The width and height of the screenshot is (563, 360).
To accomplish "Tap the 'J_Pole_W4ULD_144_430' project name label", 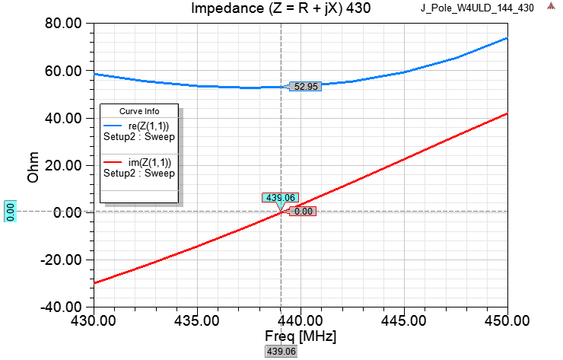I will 478,8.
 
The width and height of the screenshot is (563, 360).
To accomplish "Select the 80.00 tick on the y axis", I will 64,24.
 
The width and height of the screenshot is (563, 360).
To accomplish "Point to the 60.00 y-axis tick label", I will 64,71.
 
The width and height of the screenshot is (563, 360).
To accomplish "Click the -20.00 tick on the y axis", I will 62,260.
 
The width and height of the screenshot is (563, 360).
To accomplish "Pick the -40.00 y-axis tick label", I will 62,307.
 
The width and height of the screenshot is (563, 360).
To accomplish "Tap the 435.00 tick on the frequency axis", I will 197,320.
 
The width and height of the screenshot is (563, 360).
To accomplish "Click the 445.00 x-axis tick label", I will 404,320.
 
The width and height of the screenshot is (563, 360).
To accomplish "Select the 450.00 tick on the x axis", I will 507,320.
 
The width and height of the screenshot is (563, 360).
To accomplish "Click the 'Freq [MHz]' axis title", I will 300,336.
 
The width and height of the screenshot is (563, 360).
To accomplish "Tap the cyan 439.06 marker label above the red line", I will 279,198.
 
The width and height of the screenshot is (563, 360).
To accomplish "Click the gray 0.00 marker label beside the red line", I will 303,212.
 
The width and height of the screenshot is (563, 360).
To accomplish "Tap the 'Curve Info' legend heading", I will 139,111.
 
